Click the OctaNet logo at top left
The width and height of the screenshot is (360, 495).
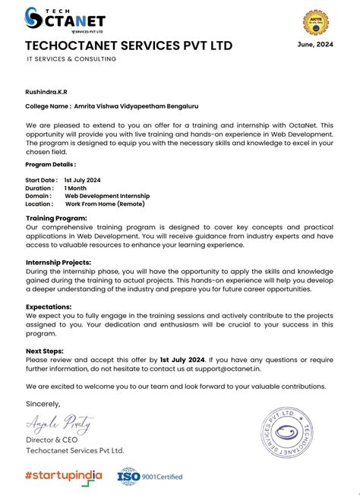point(65,18)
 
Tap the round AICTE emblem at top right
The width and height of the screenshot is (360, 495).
point(315,20)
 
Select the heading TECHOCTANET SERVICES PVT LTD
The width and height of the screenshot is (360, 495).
point(128,46)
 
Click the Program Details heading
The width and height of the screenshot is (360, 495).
point(50,164)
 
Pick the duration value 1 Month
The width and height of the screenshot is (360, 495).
point(76,188)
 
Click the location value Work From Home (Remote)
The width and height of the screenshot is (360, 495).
point(105,203)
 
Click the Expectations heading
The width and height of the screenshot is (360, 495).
point(49,307)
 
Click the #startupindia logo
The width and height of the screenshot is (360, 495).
point(64,476)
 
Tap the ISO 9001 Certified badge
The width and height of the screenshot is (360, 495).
point(150,476)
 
